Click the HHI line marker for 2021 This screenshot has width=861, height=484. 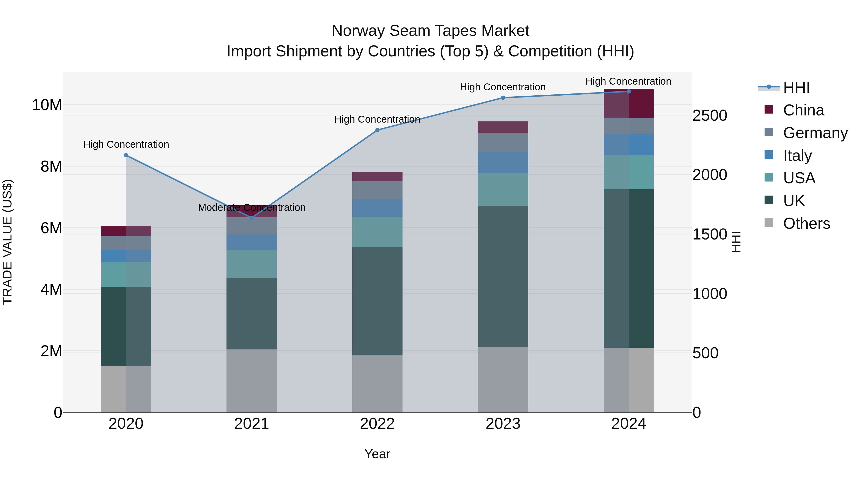(252, 218)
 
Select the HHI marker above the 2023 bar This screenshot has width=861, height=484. (503, 98)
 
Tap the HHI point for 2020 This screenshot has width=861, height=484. (126, 155)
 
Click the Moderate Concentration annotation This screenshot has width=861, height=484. (252, 207)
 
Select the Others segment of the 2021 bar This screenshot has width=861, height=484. (252, 381)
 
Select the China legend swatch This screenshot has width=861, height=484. (769, 109)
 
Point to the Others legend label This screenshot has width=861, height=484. (806, 223)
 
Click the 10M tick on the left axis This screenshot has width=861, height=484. (47, 105)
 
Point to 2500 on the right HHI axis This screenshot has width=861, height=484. (709, 116)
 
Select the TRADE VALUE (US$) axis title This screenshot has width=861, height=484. (7, 242)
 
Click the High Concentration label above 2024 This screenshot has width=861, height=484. (628, 81)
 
